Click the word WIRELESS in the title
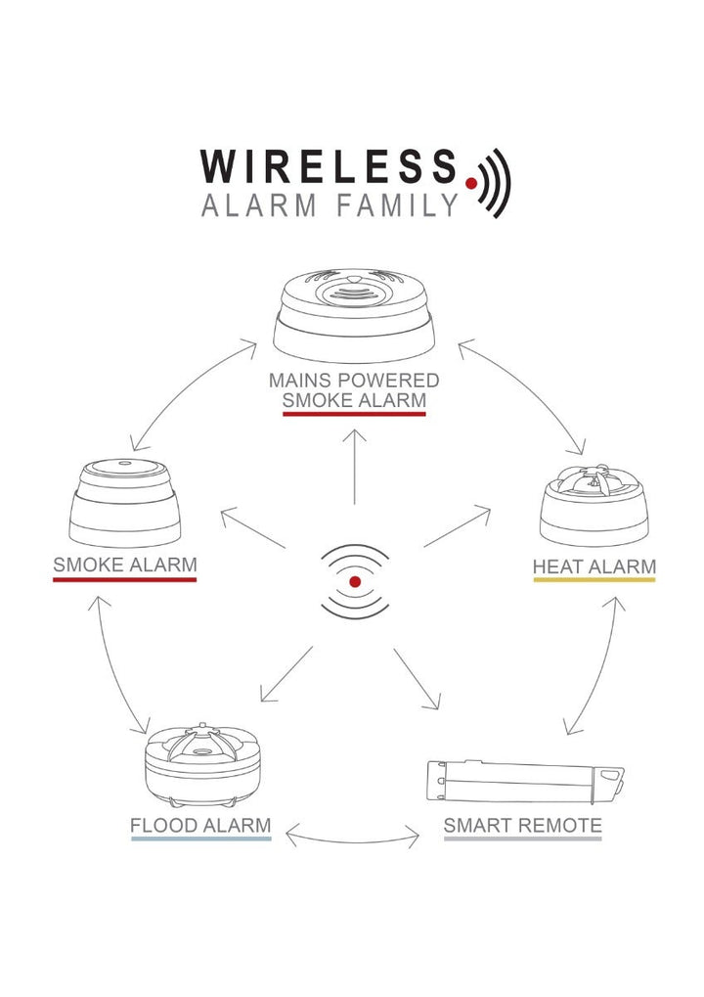tap(329, 166)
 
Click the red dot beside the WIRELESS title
tap(471, 183)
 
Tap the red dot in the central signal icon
tap(355, 581)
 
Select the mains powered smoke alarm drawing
tap(354, 315)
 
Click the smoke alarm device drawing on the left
tap(124, 502)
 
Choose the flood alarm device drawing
tap(202, 764)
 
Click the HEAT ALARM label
tap(594, 566)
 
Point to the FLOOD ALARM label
tap(200, 826)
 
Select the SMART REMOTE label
tap(522, 826)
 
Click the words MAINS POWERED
tap(354, 381)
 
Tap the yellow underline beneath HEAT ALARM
tap(594, 580)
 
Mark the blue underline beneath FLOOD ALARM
tap(201, 838)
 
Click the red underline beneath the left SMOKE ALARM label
tap(124, 579)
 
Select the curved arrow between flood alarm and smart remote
tap(353, 841)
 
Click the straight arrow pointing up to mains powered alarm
tap(355, 468)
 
